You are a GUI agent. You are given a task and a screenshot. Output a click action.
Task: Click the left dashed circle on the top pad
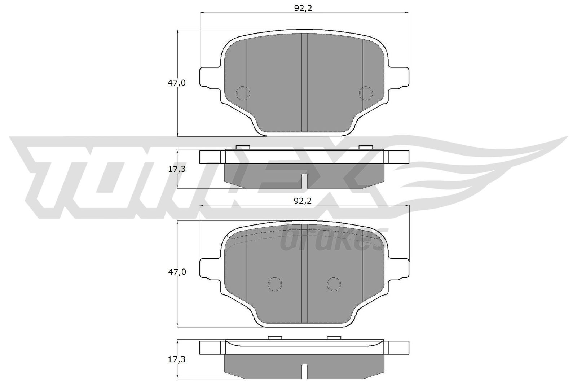(x=242, y=93)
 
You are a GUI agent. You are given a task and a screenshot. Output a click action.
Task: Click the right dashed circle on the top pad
(x=366, y=93)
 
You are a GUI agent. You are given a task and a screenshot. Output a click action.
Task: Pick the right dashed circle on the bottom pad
(x=334, y=284)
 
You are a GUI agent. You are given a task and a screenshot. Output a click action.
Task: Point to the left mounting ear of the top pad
(x=209, y=77)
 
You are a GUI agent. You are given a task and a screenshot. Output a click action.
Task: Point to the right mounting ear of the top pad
(x=399, y=77)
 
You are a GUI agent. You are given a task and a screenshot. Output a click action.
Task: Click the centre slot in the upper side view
(x=304, y=181)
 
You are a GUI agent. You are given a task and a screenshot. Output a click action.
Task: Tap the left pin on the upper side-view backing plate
(x=242, y=147)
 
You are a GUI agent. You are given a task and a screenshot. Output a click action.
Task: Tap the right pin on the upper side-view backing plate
(x=366, y=147)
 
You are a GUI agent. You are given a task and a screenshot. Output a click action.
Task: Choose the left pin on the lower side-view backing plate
(x=275, y=337)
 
